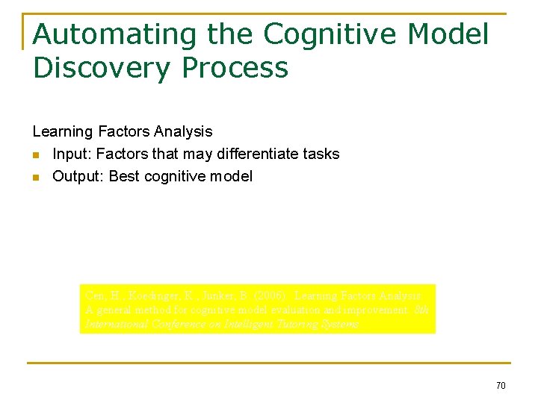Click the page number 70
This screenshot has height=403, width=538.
[x=500, y=385]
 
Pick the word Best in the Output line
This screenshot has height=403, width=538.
[x=125, y=176]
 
